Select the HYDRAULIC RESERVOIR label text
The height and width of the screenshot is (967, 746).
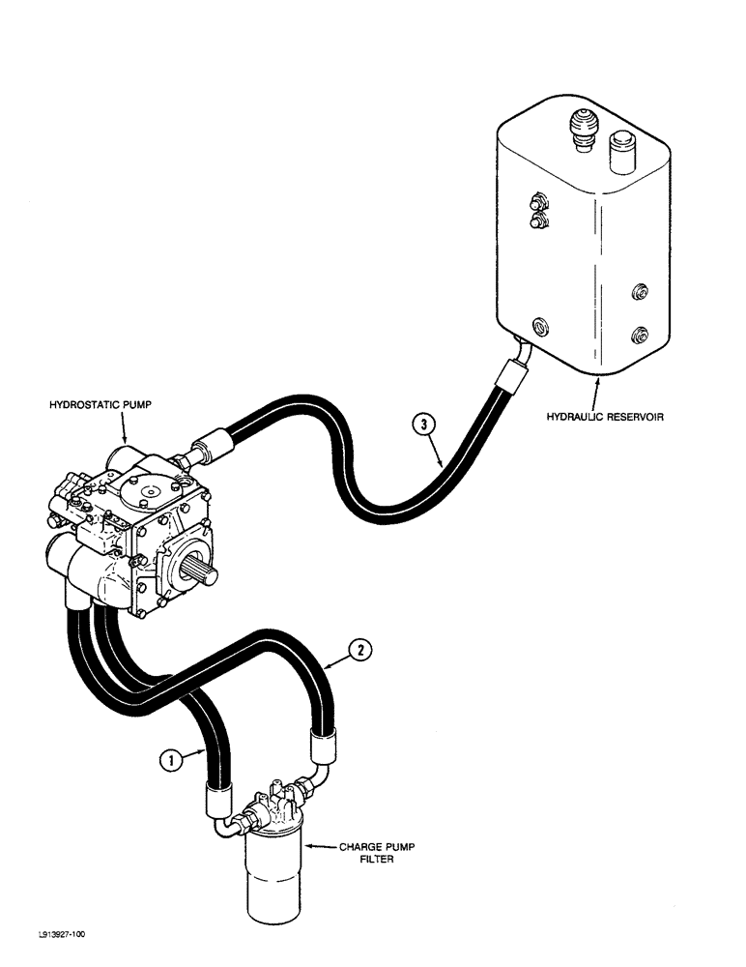pos(609,418)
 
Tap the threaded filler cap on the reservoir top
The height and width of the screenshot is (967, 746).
pos(581,130)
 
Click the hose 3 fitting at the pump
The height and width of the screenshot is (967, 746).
pos(205,450)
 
